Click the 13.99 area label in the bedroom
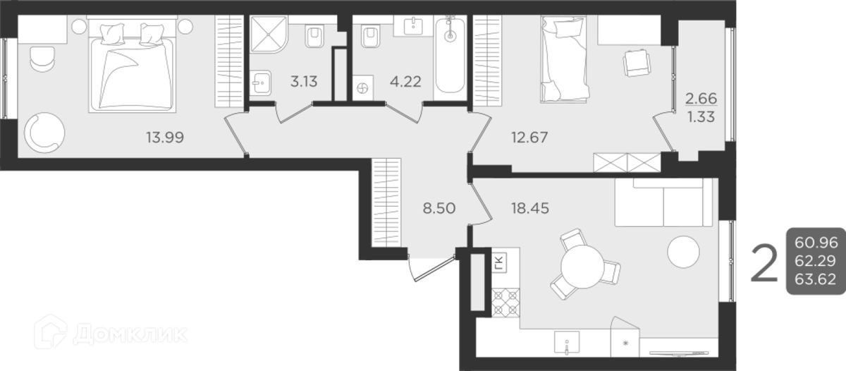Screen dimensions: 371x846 [x=165, y=138]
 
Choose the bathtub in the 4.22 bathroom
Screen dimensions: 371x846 [x=450, y=56]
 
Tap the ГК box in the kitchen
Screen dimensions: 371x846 [x=499, y=264]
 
